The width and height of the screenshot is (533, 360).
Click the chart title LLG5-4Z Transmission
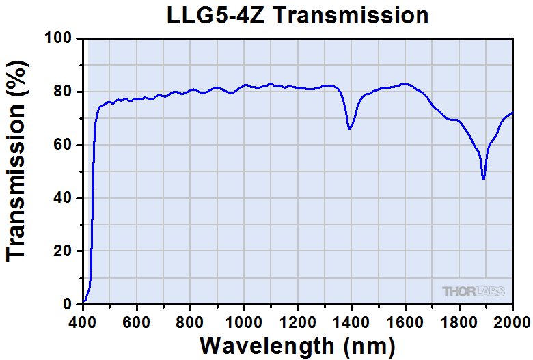click(x=298, y=15)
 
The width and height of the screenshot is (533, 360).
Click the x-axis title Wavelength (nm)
click(x=299, y=344)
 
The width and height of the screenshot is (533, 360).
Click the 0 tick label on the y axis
click(x=68, y=304)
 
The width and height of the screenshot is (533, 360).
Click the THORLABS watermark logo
click(x=474, y=292)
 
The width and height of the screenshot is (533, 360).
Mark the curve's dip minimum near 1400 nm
click(x=349, y=128)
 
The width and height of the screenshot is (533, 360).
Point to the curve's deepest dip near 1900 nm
click(x=483, y=178)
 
